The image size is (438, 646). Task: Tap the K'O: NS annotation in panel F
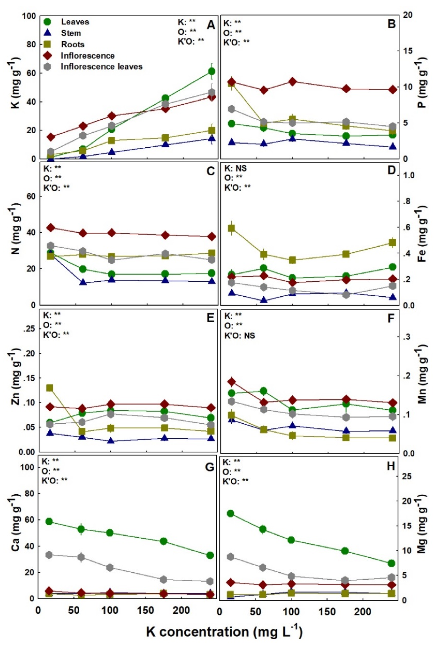(239, 335)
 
